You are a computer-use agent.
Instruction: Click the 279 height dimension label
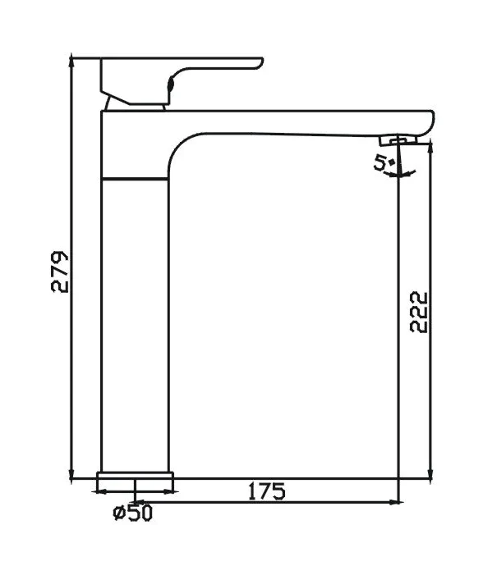pos(59,272)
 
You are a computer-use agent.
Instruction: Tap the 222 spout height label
pos(419,312)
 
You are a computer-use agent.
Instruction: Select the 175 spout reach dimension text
pos(267,491)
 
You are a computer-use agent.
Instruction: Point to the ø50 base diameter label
pos(132,513)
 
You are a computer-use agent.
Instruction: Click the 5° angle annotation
pos(383,162)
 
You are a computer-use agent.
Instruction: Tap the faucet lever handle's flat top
pos(182,60)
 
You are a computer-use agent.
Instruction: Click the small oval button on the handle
pos(170,84)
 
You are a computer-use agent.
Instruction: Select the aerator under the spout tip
pos(398,140)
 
